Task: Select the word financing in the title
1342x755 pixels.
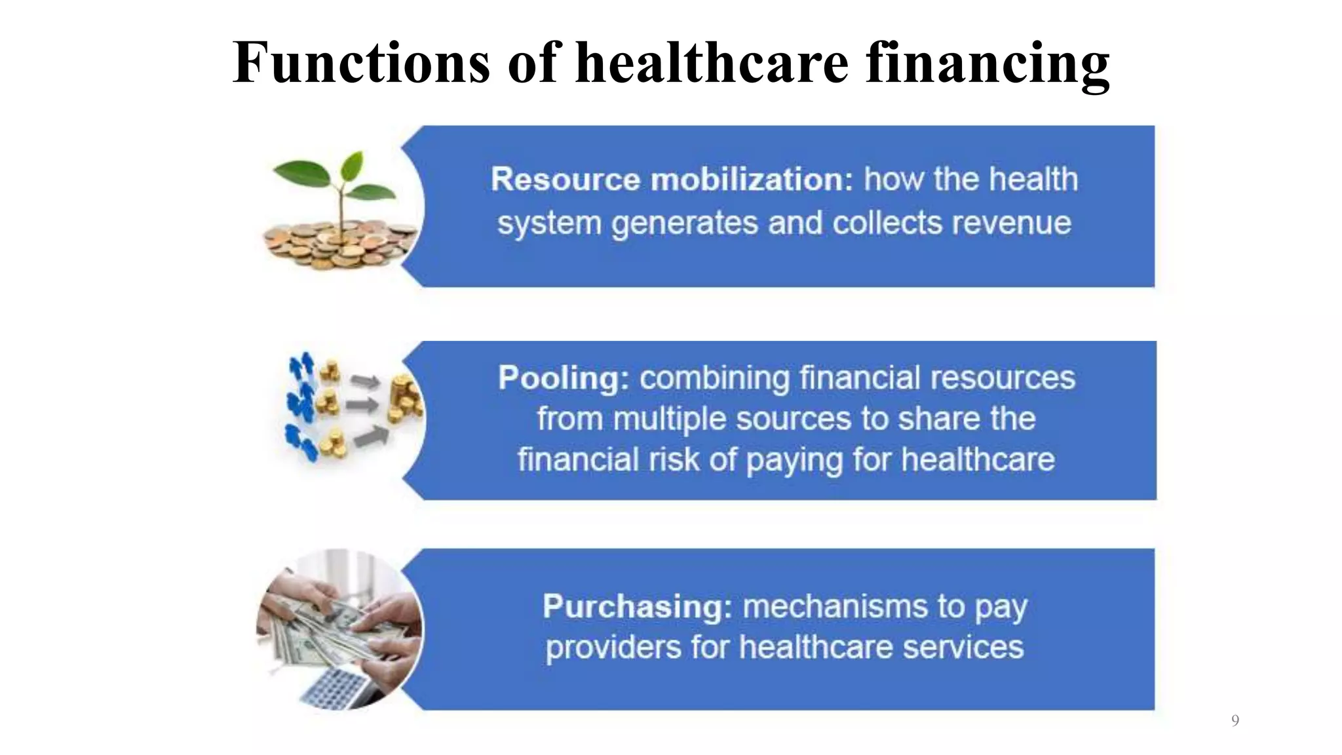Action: click(x=987, y=64)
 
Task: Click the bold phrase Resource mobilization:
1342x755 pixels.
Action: click(x=672, y=180)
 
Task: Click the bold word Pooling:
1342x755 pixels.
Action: click(x=563, y=378)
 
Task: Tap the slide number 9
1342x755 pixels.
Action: click(x=1235, y=721)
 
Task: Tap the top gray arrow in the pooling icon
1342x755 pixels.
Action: click(x=364, y=381)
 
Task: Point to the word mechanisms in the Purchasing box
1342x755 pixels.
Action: click(x=835, y=607)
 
